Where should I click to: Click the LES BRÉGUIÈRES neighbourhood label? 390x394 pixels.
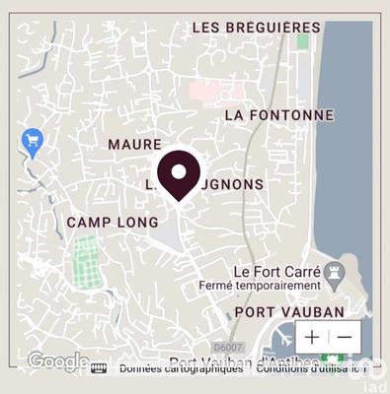point(256,28)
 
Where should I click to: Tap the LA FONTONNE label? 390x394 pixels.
point(279,114)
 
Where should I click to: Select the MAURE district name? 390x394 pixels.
point(134,145)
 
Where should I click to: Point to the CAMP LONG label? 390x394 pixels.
point(112,223)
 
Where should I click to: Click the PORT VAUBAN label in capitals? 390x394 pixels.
point(289,312)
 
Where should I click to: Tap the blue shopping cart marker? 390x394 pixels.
point(32,142)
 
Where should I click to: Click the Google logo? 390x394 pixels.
point(57,361)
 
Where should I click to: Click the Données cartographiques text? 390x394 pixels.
point(181,368)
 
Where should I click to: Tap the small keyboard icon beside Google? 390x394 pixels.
point(99,368)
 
